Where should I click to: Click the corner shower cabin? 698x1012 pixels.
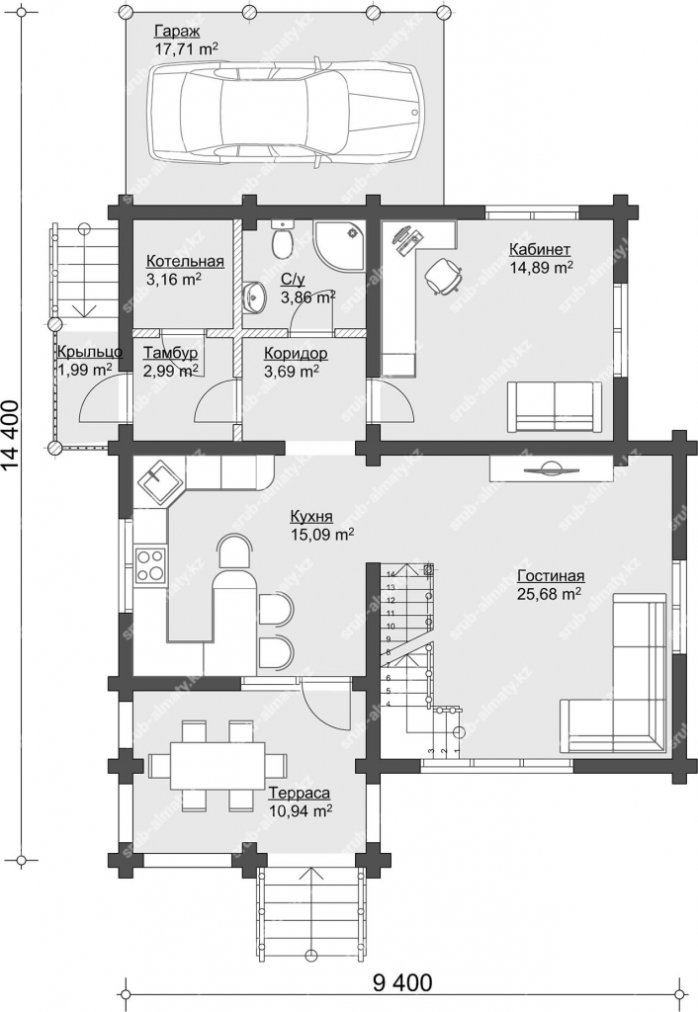pyautogui.click(x=340, y=245)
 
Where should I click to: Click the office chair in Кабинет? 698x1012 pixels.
pyautogui.click(x=444, y=276)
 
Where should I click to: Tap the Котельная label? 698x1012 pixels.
pyautogui.click(x=185, y=261)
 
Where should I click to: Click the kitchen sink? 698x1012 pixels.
pyautogui.click(x=158, y=482)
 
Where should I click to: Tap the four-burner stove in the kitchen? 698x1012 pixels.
pyautogui.click(x=150, y=563)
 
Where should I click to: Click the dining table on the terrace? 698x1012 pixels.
pyautogui.click(x=217, y=765)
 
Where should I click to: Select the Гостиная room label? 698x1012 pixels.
pyautogui.click(x=551, y=576)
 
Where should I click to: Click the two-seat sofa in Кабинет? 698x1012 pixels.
pyautogui.click(x=554, y=405)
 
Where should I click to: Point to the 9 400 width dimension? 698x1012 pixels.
pyautogui.click(x=401, y=983)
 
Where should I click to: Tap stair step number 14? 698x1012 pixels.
pyautogui.click(x=390, y=574)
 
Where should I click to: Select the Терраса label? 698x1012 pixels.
pyautogui.click(x=300, y=793)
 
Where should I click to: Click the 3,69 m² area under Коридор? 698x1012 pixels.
pyautogui.click(x=292, y=372)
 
